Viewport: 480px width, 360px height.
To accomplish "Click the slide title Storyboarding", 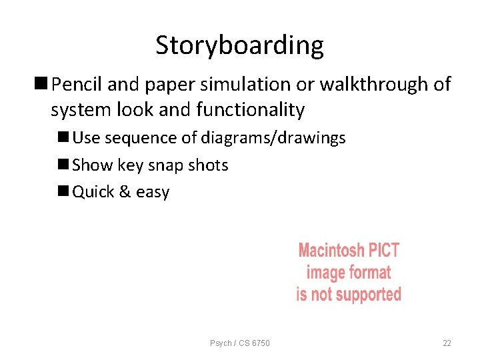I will point(239,45).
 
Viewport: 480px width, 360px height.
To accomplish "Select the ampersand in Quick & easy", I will point(124,192).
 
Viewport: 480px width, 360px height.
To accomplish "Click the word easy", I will point(153,193).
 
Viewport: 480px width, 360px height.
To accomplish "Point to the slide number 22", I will point(447,343).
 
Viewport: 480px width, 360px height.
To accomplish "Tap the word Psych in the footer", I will point(221,343).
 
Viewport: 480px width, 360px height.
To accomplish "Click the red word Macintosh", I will point(330,251).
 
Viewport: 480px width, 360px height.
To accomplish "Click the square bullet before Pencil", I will point(42,85).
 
